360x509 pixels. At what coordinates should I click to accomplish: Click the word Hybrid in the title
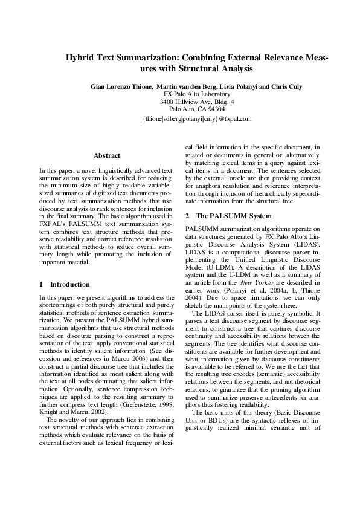click(x=80, y=58)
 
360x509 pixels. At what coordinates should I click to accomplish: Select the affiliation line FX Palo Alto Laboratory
click(x=197, y=94)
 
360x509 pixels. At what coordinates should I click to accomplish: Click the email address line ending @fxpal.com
click(x=197, y=119)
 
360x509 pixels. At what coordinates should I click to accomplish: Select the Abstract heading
click(x=107, y=155)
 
